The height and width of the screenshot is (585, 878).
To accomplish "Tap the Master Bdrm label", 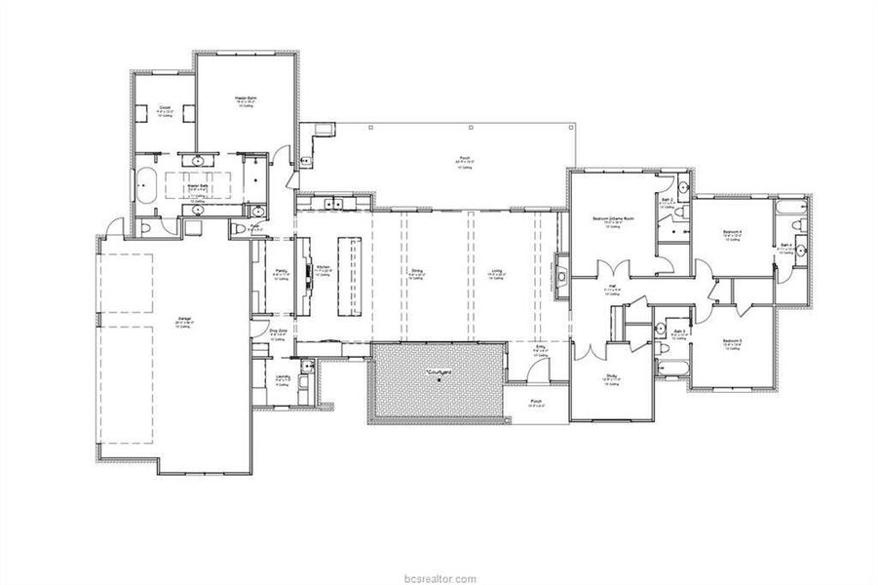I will (x=246, y=97).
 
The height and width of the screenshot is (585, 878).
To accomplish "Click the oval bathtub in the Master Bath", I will (x=147, y=184).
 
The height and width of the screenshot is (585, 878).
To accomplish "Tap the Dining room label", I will (x=416, y=272).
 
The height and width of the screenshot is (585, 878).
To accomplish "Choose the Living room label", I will (x=497, y=272).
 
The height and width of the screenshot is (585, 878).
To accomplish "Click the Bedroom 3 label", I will (x=733, y=340).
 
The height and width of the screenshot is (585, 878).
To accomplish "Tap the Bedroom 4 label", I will (x=733, y=231).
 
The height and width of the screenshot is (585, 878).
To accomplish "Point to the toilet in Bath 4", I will (x=796, y=225).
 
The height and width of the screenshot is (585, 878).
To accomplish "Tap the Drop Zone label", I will (x=278, y=331).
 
